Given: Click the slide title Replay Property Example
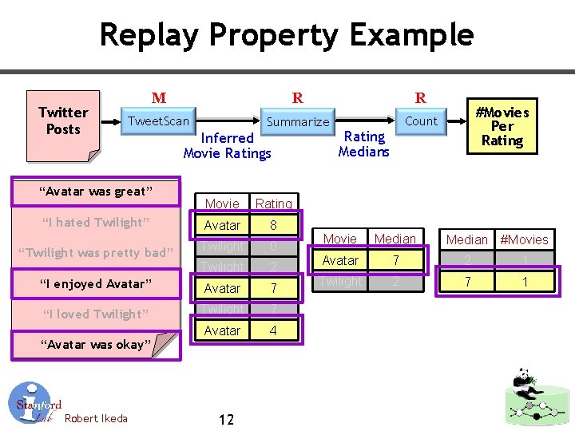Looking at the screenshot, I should pyautogui.click(x=287, y=35).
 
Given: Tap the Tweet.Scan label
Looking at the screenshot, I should pyautogui.click(x=159, y=121).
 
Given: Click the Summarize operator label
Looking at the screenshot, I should pyautogui.click(x=297, y=122).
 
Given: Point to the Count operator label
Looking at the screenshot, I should pyautogui.click(x=421, y=121).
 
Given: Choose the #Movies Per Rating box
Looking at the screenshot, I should pyautogui.click(x=502, y=126).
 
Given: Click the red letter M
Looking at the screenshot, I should pyautogui.click(x=159, y=98).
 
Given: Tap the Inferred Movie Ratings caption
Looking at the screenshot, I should pyautogui.click(x=227, y=145).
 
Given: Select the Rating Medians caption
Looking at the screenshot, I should pyautogui.click(x=363, y=144).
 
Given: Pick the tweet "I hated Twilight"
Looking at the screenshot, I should pyautogui.click(x=96, y=222).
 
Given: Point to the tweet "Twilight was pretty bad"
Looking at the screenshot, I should pyautogui.click(x=96, y=253).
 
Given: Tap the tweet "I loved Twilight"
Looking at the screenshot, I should pyautogui.click(x=96, y=314).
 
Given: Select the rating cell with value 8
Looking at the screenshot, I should pyautogui.click(x=273, y=225).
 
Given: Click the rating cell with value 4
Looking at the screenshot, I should pyautogui.click(x=273, y=330).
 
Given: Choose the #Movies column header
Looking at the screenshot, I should pyautogui.click(x=524, y=239).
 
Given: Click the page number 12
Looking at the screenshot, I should pyautogui.click(x=226, y=419).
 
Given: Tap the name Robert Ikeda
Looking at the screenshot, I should pyautogui.click(x=96, y=418).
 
